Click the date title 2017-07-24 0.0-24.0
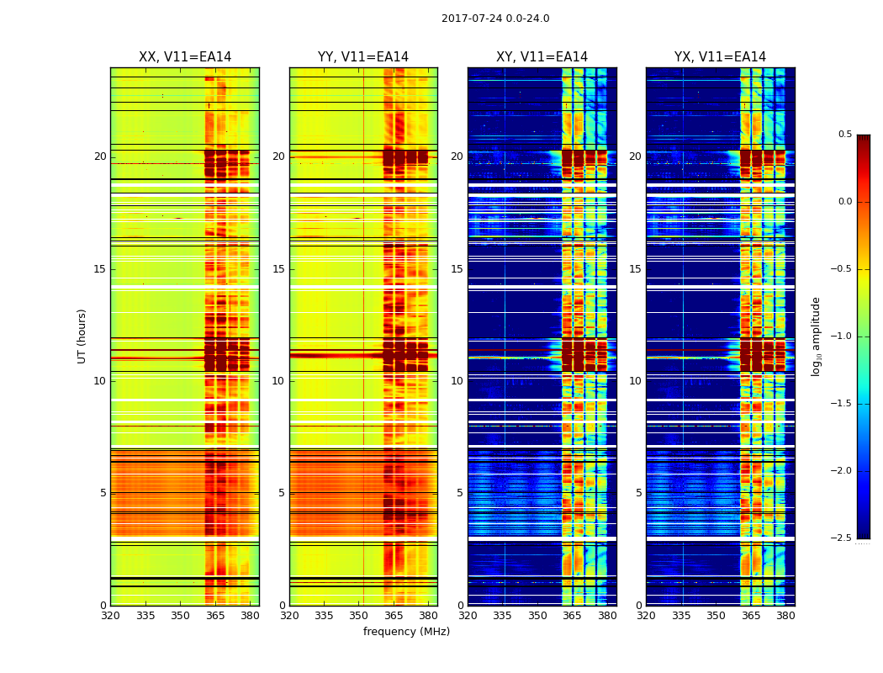coord(495,19)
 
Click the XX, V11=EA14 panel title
coord(185,57)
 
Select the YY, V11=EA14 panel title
coord(363,57)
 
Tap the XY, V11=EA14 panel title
coord(542,57)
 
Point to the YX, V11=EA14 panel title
coord(720,57)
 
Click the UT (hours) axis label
coord(82,336)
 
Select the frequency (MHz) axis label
coord(406,632)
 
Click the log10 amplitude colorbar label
coord(816,336)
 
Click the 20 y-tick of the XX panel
coord(100,156)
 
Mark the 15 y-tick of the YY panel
coord(279,269)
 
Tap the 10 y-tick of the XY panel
coord(457,381)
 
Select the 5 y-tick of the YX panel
coord(639,493)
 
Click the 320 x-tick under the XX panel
coord(110,616)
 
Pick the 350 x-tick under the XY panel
coord(537,616)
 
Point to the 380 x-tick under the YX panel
coord(785,616)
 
